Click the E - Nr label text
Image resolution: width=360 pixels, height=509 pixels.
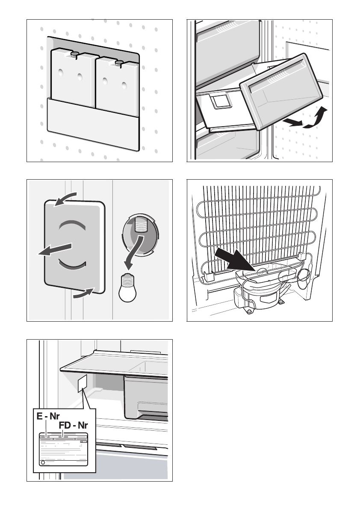click(48, 416)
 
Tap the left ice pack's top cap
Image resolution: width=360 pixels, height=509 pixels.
click(75, 54)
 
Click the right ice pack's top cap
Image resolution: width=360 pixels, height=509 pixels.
click(119, 63)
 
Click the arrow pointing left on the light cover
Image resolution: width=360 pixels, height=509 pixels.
click(53, 250)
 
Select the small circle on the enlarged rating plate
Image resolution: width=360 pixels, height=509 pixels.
click(42, 463)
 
